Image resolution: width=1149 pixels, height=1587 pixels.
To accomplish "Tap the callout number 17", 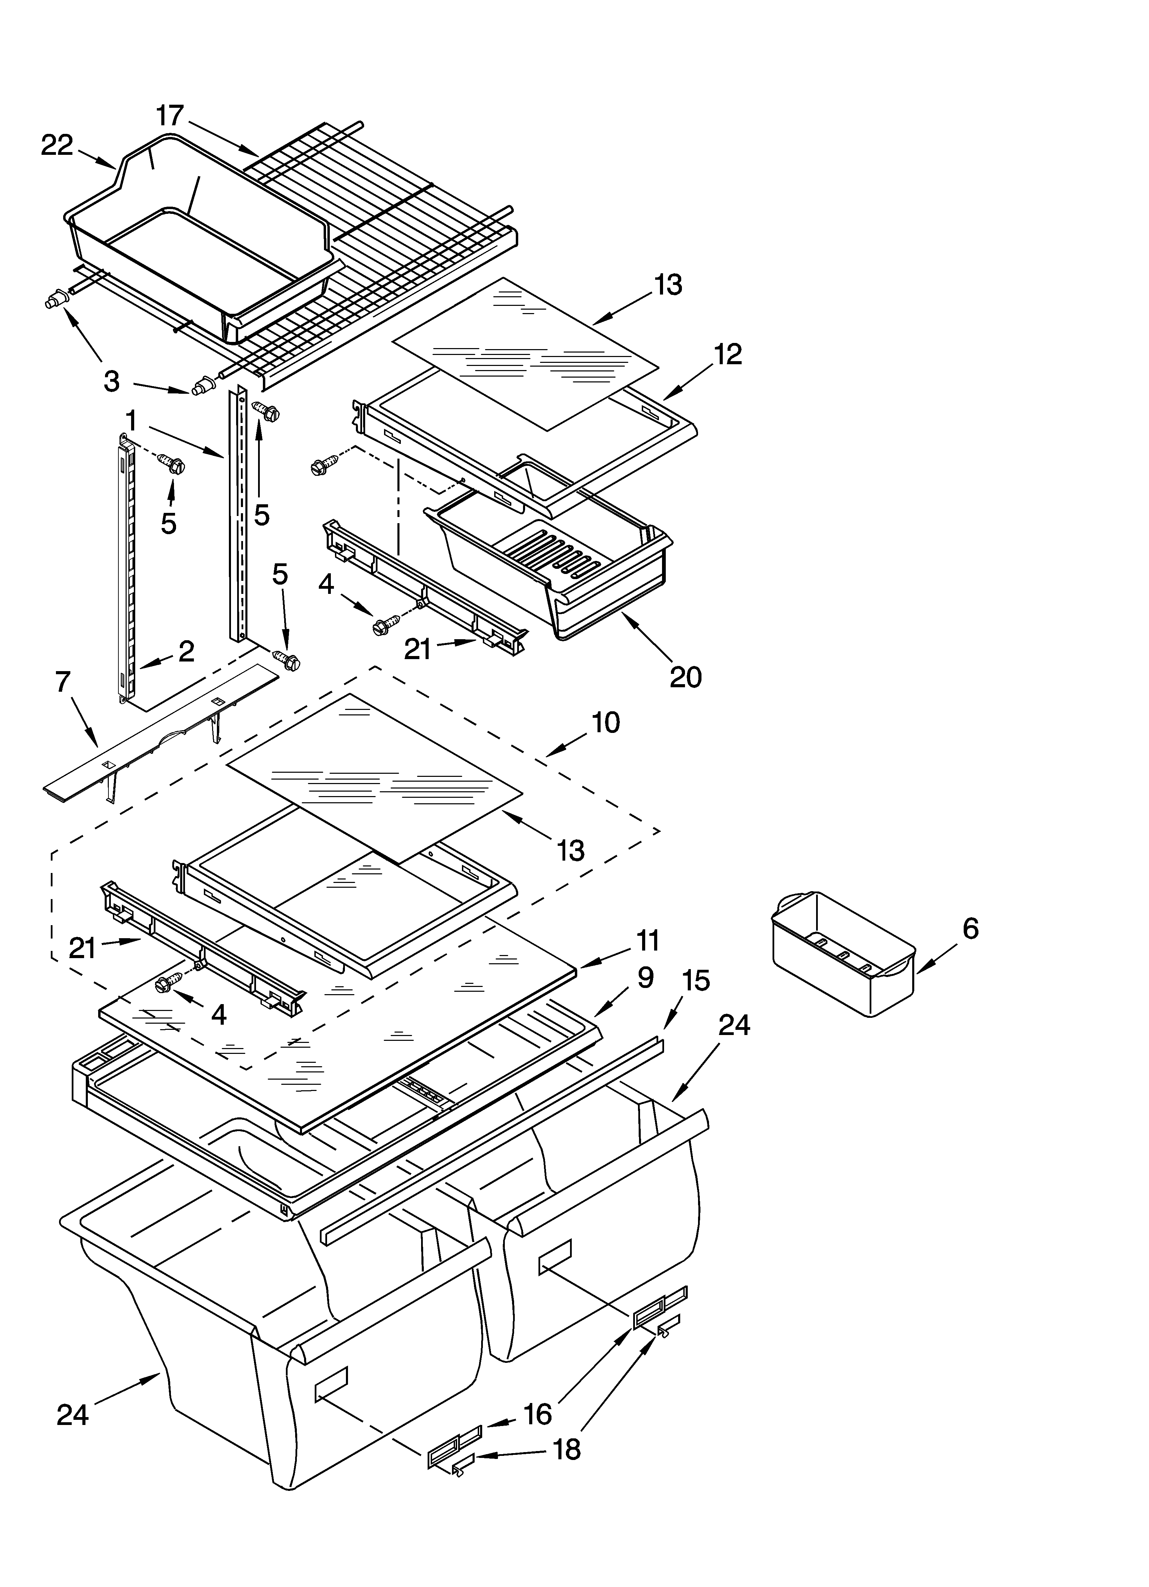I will click(169, 115).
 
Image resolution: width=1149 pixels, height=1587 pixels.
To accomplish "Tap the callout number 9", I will click(645, 978).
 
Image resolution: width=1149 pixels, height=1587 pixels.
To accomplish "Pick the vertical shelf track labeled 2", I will click(126, 567).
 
